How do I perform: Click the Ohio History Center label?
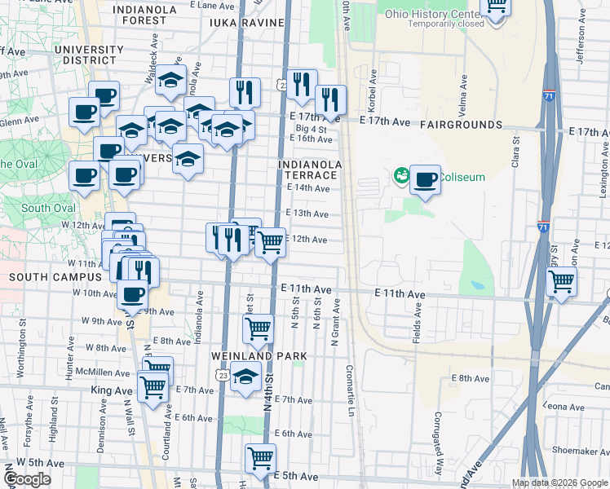pos(432,14)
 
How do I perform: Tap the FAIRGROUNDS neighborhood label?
pos(461,125)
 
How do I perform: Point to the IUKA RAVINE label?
pos(246,24)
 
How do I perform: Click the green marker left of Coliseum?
pos(401,174)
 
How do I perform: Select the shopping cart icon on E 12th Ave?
pos(271,242)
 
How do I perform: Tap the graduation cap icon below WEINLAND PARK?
pos(245,377)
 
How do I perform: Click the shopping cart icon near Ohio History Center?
pos(496,7)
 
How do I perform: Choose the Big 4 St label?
pos(311,129)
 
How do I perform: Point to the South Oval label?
pos(38,208)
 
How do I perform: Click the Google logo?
pos(28,479)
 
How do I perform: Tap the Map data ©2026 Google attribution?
pos(559,482)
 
